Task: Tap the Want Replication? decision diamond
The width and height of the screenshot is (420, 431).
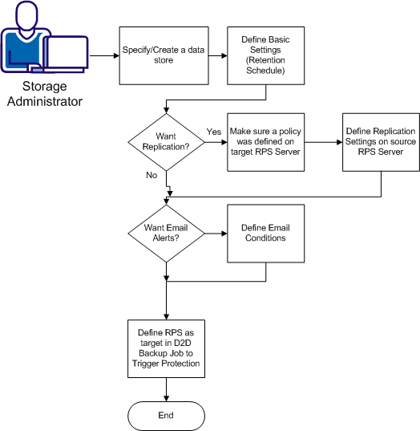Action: click(x=165, y=142)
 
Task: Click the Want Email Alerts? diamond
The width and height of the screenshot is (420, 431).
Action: click(x=165, y=232)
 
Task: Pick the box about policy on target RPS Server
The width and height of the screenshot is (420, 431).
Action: click(x=265, y=142)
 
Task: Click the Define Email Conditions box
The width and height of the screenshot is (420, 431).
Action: click(x=265, y=232)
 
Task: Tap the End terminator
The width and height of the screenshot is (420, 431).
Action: click(x=165, y=415)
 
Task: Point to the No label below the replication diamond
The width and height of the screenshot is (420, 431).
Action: click(x=151, y=173)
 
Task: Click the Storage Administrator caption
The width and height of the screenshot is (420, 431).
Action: click(x=42, y=93)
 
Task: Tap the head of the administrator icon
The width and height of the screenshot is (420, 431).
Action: click(x=26, y=15)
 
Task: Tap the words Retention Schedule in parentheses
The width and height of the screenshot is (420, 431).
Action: click(x=266, y=65)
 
